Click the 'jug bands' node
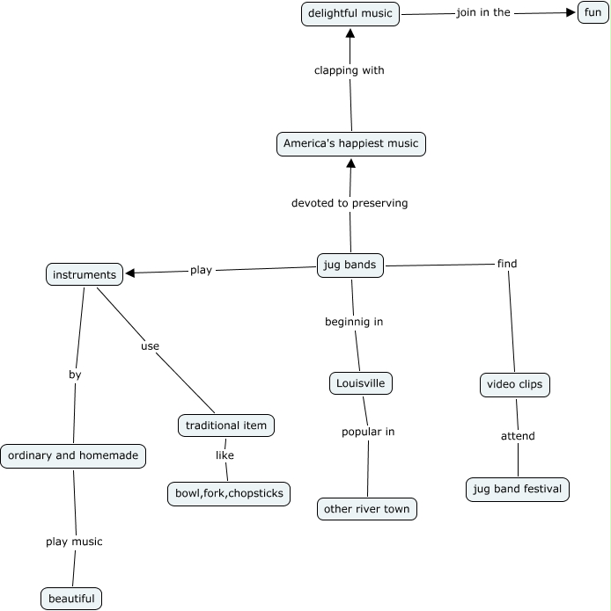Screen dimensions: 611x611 point(350,265)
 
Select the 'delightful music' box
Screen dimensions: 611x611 point(350,14)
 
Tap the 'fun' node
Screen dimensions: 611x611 point(593,12)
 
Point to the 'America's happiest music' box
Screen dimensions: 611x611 point(350,144)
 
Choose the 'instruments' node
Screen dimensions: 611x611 point(85,274)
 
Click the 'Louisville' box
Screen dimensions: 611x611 point(360,383)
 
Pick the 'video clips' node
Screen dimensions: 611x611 point(515,385)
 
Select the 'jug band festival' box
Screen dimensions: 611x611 point(518,490)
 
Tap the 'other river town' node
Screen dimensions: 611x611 point(367,509)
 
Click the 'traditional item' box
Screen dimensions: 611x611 point(226,426)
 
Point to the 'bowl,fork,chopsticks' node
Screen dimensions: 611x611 point(229,494)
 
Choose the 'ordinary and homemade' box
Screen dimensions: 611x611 point(73,456)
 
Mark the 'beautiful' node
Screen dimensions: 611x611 point(71,599)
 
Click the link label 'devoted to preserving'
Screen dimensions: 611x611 point(350,203)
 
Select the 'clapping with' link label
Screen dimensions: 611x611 point(350,70)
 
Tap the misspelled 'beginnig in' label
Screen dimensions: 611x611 point(354,322)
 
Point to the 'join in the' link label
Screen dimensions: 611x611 point(483,12)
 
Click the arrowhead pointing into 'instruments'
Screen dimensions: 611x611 point(130,273)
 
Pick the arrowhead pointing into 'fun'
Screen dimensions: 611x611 point(571,12)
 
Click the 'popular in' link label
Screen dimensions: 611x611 point(368,432)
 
